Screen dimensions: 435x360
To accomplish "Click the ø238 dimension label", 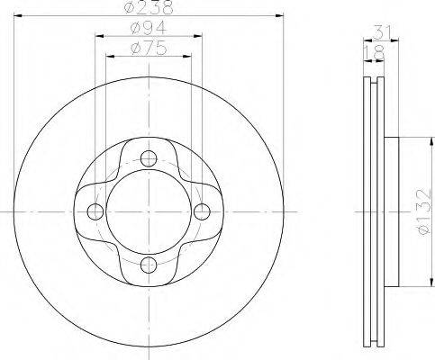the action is point(149,7).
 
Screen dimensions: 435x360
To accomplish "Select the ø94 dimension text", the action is point(149,28).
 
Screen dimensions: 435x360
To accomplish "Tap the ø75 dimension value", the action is point(149,48).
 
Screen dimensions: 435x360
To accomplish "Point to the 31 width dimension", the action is point(383,31).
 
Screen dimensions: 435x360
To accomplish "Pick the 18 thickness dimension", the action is point(374,52).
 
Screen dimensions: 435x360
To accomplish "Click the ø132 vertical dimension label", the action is point(424,211).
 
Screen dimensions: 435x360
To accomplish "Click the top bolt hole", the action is point(149,158).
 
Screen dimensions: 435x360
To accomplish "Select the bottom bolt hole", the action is point(149,265).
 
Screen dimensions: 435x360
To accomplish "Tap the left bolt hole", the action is point(95,211).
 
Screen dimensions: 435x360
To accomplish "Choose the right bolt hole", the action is point(202,211).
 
